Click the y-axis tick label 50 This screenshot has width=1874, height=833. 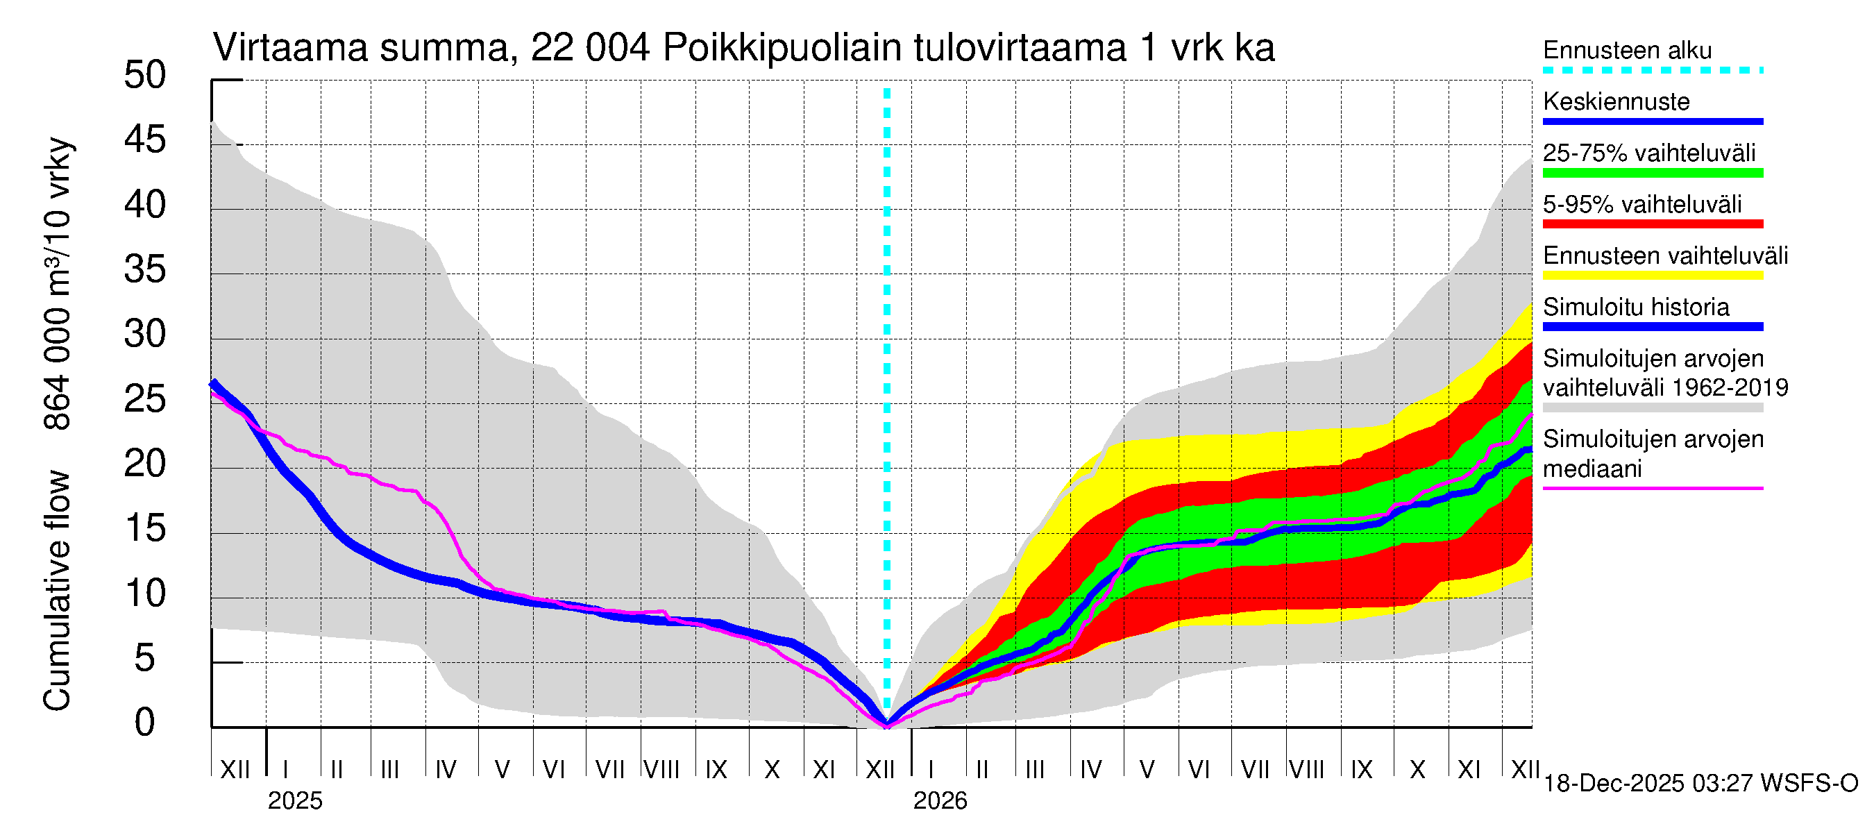click(145, 76)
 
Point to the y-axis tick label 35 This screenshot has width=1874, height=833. click(145, 270)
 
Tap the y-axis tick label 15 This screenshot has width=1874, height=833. click(145, 529)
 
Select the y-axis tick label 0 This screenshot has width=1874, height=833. click(145, 723)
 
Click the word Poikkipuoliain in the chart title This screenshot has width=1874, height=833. click(782, 49)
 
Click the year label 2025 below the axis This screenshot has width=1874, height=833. click(294, 801)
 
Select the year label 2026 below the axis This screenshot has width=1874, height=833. click(940, 801)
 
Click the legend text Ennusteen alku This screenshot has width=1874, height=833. click(1627, 51)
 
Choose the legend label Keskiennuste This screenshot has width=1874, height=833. click(1616, 102)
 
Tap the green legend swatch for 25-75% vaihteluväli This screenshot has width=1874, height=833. click(1652, 173)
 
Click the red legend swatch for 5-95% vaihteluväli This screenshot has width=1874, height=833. click(1652, 224)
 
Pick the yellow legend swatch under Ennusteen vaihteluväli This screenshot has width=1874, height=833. click(1652, 276)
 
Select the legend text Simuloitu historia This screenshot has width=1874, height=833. click(1635, 307)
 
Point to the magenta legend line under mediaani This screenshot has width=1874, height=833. click(1652, 488)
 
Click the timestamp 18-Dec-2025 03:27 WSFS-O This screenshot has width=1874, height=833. click(1700, 784)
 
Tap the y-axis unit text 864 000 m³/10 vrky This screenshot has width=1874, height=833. click(57, 284)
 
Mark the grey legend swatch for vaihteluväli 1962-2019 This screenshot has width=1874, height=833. click(1652, 408)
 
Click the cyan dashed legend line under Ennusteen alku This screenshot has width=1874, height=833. click(1652, 71)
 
